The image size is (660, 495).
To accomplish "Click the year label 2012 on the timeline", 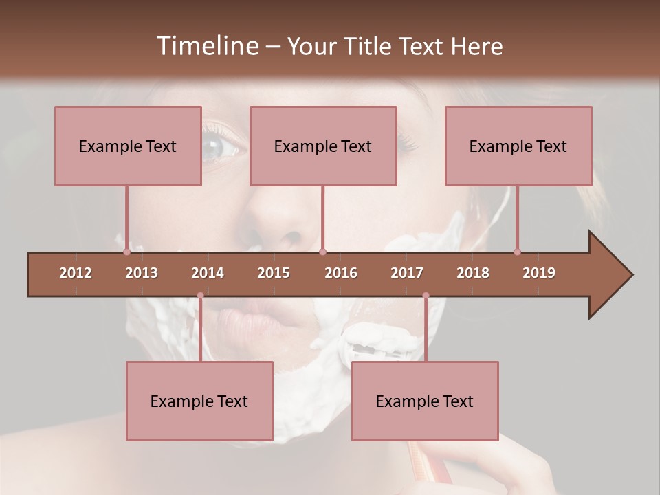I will pos(76,273).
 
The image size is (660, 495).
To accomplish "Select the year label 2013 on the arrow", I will pos(142,273).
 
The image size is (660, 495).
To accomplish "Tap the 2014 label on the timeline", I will pos(208,273).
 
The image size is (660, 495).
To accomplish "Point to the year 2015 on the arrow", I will pos(274,273).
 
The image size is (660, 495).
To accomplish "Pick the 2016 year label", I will pos(341,273).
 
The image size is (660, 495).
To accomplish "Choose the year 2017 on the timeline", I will pos(407,273).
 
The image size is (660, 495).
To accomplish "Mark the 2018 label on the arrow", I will pos(473,273).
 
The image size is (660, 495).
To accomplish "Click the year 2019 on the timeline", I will pos(539,273).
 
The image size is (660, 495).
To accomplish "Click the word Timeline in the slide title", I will pos(207,46).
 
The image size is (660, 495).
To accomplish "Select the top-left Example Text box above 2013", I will pos(128,146).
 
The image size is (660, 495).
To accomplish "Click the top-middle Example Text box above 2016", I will pos(323,146).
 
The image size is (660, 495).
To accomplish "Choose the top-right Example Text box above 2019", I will pos(518,146).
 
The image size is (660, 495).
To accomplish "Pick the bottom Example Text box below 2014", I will pos(199,401).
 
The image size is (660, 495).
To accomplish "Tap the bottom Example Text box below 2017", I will pos(425,401).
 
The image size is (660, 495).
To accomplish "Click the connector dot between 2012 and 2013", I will pos(126,252).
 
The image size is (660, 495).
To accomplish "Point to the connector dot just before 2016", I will pos(323,252).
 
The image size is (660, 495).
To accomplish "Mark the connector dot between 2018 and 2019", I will pos(517,252).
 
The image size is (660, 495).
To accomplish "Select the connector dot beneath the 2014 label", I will pos(200,296).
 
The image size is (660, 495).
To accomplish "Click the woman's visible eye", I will pos(214,146).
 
